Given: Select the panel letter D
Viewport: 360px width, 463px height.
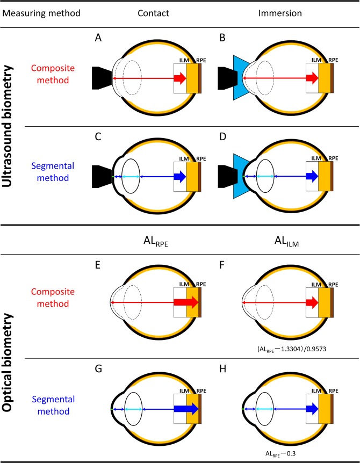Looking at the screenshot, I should (232, 138).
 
